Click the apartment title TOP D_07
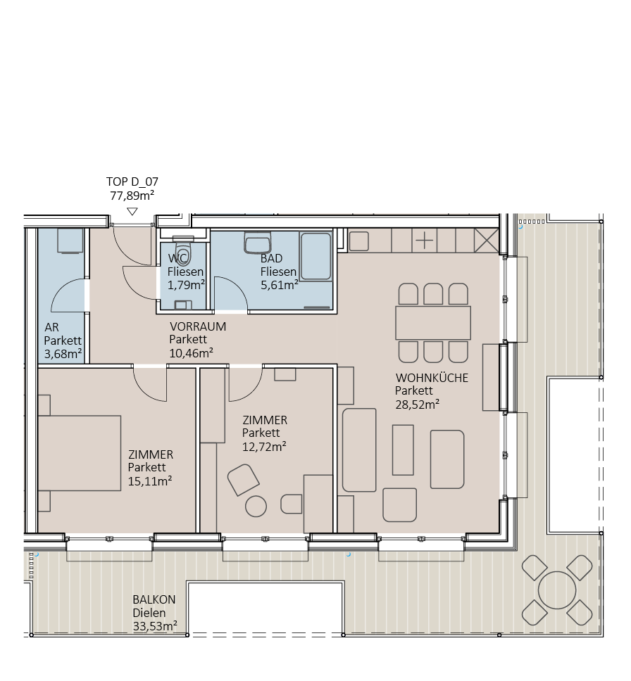pos(132,182)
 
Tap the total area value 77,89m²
pos(132,196)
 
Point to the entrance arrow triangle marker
pos(132,211)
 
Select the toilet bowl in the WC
pos(184,255)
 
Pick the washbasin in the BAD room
pos(258,244)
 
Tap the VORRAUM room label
pos(197,326)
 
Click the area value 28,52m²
pos(417,404)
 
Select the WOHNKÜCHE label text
pos(432,378)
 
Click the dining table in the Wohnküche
pos(433,323)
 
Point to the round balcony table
pos(556,589)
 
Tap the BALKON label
pos(154,599)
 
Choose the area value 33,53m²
pos(154,625)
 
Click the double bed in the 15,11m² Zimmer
pos(79,453)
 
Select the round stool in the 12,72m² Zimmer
pos(256,506)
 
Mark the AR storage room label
pos(51,327)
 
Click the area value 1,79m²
pos(186,285)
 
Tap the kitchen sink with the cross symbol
pos(425,240)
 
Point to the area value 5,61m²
pos(279,285)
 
